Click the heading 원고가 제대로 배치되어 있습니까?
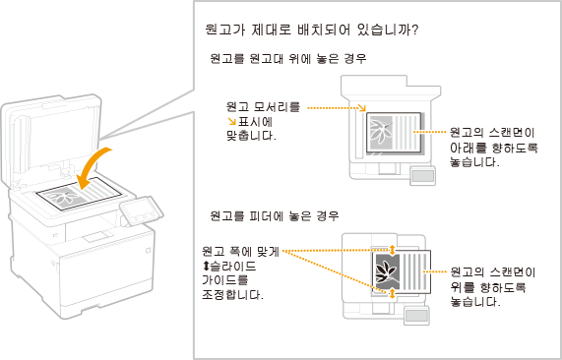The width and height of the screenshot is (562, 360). click(311, 30)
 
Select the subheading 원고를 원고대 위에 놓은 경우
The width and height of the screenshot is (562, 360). click(288, 58)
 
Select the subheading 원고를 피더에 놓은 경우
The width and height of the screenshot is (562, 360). click(275, 216)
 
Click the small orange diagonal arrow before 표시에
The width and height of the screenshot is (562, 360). click(232, 122)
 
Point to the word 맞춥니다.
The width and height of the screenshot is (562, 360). click(252, 136)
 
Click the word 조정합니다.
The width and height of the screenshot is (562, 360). click(232, 295)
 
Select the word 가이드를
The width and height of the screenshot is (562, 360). click(225, 280)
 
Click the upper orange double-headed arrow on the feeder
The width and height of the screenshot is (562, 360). click(392, 250)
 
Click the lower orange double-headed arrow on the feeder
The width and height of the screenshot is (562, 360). click(392, 294)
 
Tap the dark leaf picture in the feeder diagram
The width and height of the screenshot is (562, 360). click(385, 271)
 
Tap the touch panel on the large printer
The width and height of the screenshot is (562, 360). click(141, 211)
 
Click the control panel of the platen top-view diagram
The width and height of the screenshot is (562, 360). click(423, 176)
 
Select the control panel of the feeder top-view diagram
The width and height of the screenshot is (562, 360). click(416, 316)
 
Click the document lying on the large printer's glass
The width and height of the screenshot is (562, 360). click(79, 195)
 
